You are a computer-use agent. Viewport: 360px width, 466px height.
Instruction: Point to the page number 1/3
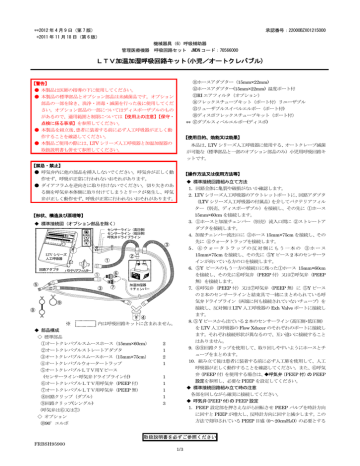[x=180, y=460]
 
